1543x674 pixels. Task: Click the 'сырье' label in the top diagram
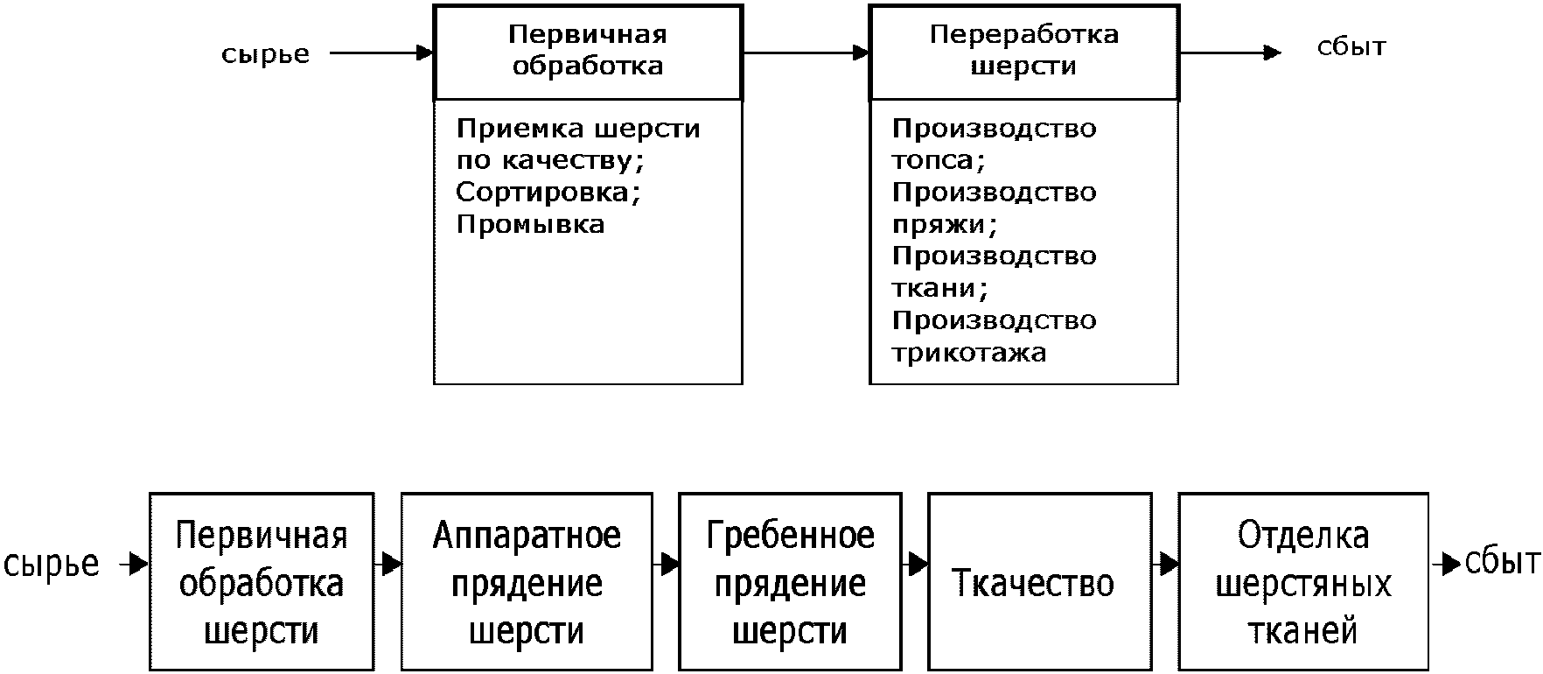point(265,54)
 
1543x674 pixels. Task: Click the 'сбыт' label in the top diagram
point(1351,46)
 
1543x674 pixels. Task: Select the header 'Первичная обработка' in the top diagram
point(587,51)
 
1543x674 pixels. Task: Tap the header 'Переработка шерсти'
point(1023,50)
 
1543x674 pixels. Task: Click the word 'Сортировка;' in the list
point(548,192)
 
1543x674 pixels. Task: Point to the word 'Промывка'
point(530,224)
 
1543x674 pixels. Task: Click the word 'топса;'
point(939,160)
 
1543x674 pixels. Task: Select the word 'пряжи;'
point(944,224)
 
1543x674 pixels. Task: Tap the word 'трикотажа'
point(968,353)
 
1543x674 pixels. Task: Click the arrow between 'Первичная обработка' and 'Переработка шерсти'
point(806,53)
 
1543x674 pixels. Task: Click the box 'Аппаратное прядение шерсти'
point(527,582)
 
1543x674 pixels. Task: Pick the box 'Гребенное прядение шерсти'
point(790,582)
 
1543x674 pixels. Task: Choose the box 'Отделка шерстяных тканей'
point(1302,582)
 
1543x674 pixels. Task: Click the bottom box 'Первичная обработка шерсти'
point(262,582)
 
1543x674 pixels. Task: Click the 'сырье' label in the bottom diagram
point(52,564)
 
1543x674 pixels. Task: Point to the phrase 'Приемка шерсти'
point(578,129)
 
